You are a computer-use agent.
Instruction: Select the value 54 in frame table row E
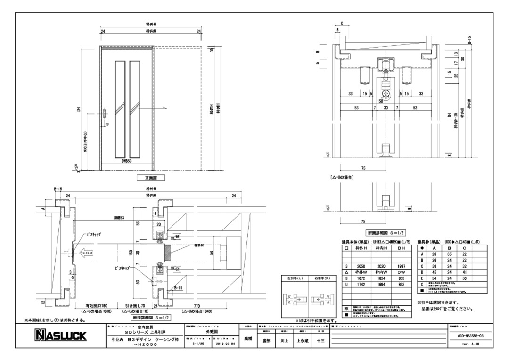[x=435, y=279]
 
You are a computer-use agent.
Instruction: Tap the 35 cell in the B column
[x=450, y=254]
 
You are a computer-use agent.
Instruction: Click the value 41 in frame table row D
[x=465, y=273]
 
